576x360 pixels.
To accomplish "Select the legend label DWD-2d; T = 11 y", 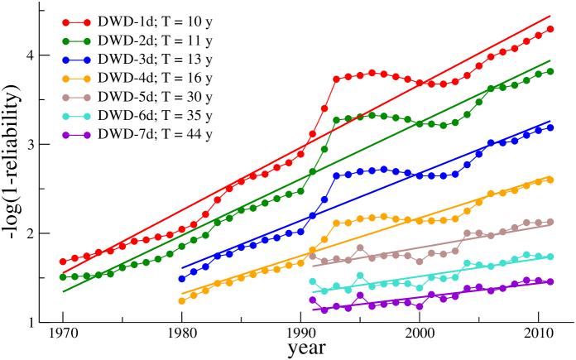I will tap(155, 41).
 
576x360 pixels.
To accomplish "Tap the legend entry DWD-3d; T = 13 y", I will tap(155, 60).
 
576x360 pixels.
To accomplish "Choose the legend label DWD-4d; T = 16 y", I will tap(155, 78).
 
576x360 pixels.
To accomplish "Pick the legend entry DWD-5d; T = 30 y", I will tap(155, 97).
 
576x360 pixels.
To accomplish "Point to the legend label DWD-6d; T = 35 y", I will tap(155, 115).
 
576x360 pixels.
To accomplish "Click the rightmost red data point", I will tap(550, 29).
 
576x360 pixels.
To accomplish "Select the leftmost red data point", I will tap(63, 262).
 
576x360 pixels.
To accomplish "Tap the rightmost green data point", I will tap(550, 72).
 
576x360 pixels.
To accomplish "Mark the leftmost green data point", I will tap(63, 277).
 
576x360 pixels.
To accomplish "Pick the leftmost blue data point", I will tap(182, 279).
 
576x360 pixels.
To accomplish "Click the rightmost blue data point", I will tap(550, 128).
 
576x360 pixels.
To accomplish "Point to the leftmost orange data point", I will tap(182, 300).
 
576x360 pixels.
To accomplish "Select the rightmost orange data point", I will tap(550, 179).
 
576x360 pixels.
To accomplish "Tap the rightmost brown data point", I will tap(550, 222).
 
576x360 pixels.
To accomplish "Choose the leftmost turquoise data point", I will tap(313, 281).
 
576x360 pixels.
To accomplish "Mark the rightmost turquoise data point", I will tap(550, 257).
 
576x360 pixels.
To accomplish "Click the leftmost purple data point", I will tap(313, 300).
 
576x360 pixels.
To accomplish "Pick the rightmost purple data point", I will tap(550, 281).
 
